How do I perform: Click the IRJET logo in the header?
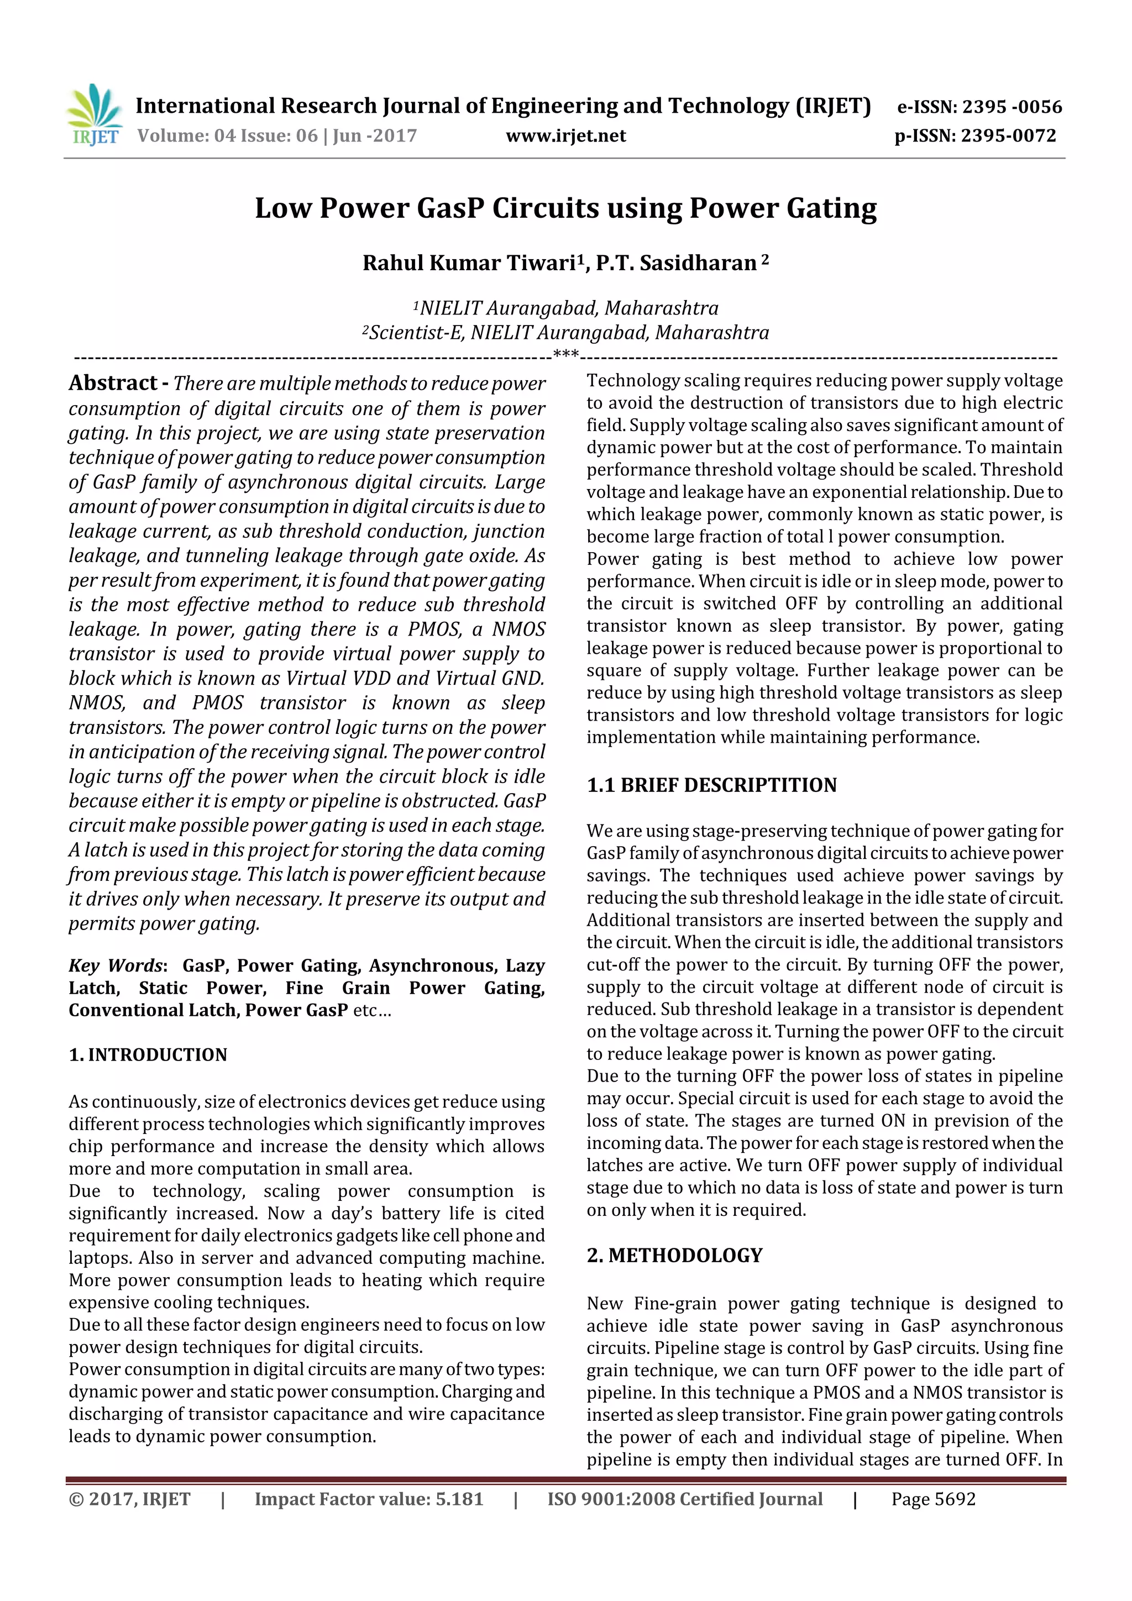[x=94, y=115]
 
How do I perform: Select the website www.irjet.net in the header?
[x=565, y=135]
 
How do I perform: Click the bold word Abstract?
[x=113, y=383]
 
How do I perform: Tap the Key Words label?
[x=116, y=966]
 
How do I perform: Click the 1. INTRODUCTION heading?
[x=148, y=1055]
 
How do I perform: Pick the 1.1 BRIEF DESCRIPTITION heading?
[x=711, y=785]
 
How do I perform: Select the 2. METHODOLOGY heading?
[x=674, y=1255]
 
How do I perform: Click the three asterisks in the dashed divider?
[x=565, y=354]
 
